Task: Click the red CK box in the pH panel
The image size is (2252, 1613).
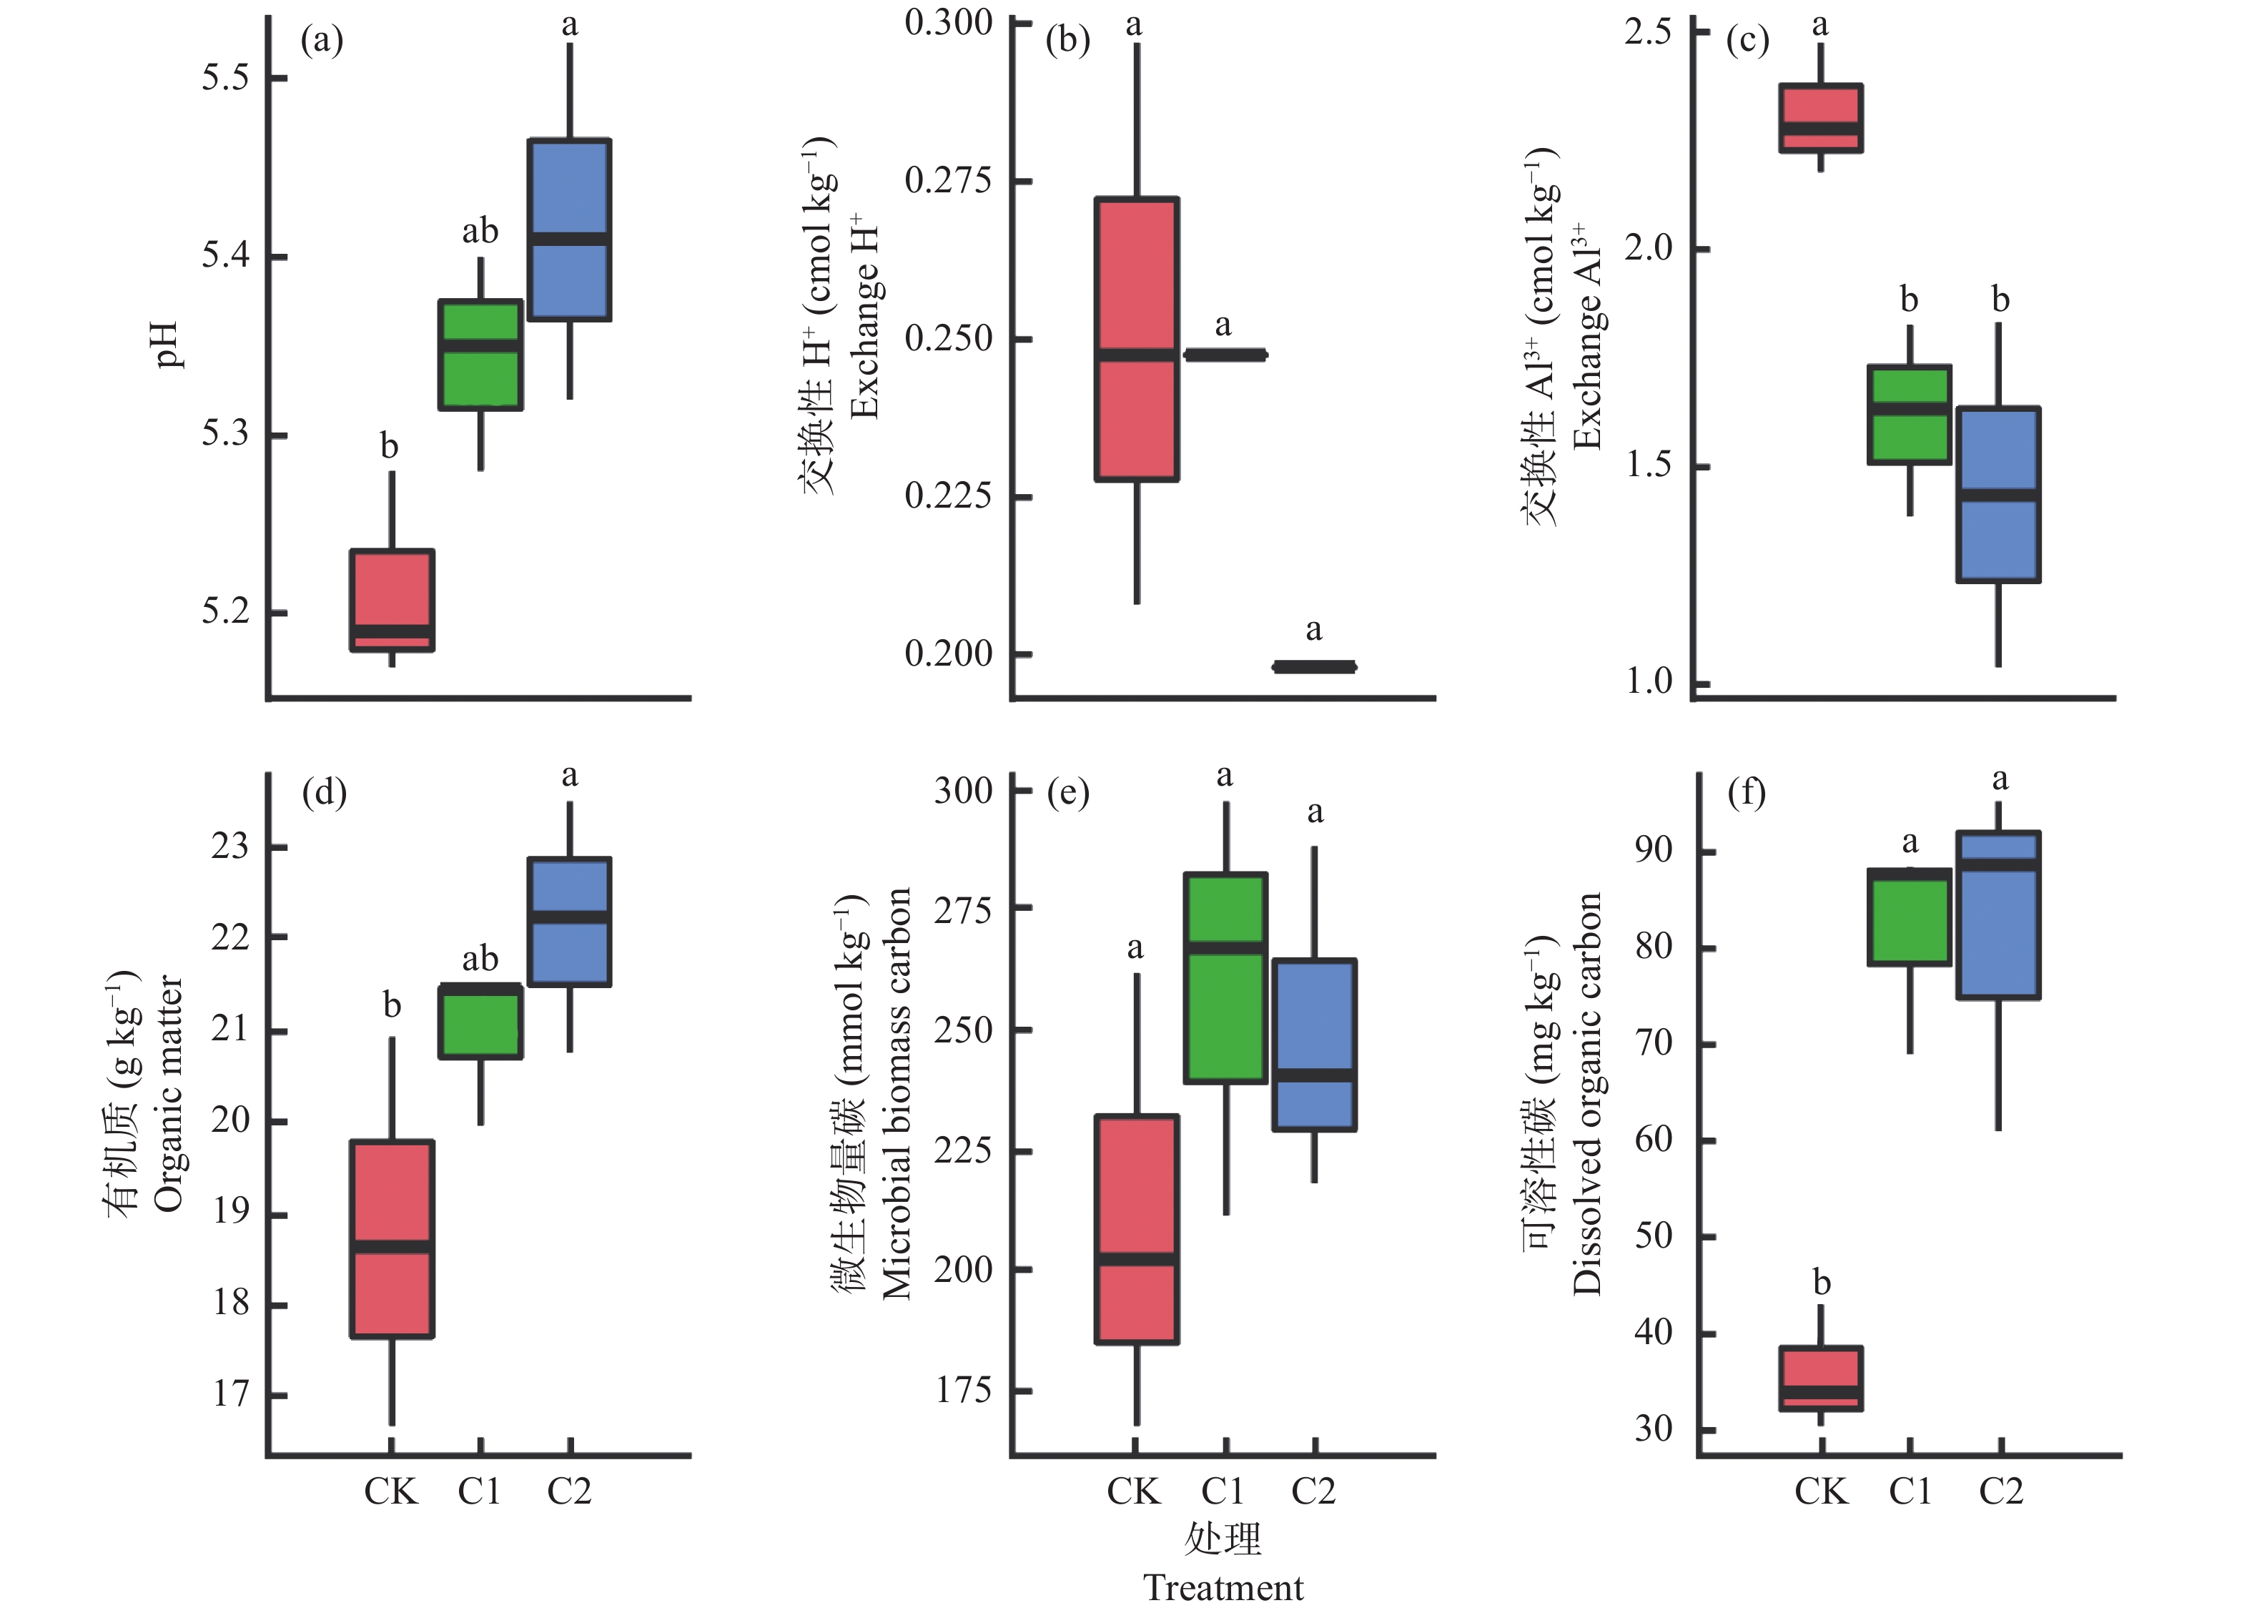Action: pos(392,600)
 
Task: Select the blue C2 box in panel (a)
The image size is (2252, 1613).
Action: pos(569,230)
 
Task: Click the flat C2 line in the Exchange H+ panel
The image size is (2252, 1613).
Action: pos(1314,666)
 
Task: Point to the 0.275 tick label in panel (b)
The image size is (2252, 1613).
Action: pos(948,181)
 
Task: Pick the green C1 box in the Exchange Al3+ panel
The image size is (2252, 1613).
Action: pos(1908,414)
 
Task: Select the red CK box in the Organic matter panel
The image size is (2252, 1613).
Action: pos(392,1238)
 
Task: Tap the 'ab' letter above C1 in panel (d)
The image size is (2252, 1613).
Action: pos(480,959)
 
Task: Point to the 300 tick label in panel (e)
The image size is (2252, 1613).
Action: pos(962,791)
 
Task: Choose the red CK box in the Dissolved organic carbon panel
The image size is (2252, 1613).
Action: pos(1820,1378)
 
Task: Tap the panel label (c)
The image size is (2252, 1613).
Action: pos(1747,41)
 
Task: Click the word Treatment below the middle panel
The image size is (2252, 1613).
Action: pos(1223,1587)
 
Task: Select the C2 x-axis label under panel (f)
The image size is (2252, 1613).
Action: pos(2000,1491)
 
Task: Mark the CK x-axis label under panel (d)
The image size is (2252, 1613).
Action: pos(390,1491)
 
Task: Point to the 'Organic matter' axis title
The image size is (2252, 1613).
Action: pos(169,1092)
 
